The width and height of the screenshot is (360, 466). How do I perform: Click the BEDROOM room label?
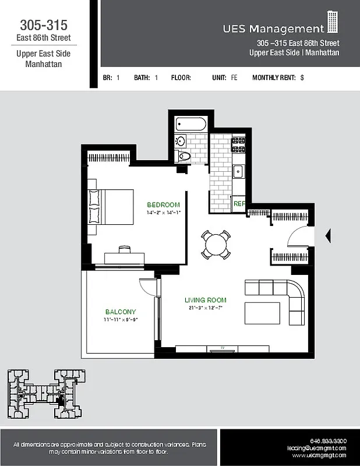pos(163,205)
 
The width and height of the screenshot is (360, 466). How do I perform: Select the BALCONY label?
pos(121,312)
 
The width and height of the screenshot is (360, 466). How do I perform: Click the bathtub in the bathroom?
pos(190,124)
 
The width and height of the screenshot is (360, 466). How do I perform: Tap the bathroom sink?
pos(181,141)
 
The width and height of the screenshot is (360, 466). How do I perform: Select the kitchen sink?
pos(238,171)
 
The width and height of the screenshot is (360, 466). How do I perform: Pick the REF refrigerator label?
pos(239,204)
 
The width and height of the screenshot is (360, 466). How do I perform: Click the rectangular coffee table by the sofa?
pos(262,313)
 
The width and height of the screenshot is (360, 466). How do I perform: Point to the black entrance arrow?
pos(327,236)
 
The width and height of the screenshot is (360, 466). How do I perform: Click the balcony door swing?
pos(147,287)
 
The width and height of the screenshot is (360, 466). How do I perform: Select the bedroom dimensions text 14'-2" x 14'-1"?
pos(164,213)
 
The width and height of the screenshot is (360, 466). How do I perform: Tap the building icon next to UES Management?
pos(333,22)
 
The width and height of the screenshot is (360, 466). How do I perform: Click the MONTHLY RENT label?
pos(274,77)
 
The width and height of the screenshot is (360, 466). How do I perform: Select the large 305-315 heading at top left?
pos(44,25)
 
